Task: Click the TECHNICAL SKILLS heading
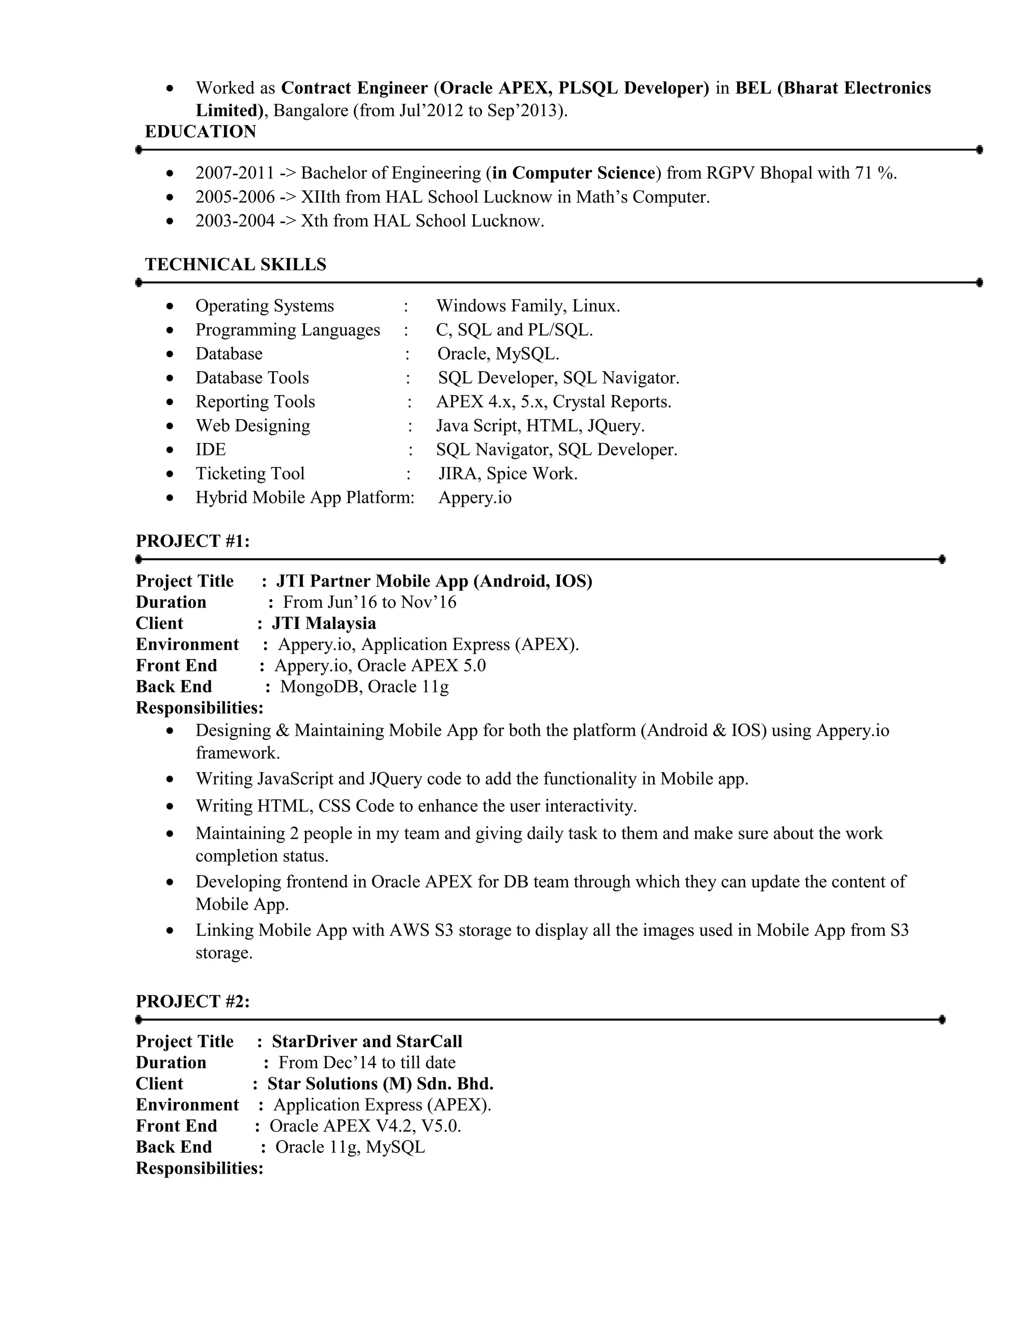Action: pos(236,264)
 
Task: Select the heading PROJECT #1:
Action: pos(193,541)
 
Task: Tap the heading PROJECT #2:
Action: pos(193,1001)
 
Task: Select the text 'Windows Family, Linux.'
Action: pos(528,306)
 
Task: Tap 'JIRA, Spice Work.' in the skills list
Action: pos(508,473)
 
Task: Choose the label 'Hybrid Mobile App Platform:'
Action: pos(304,497)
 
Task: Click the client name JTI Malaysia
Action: pos(324,623)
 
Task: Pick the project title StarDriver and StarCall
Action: pos(367,1041)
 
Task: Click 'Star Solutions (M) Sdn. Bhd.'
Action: pos(380,1084)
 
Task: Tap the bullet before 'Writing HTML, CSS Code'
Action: pos(170,806)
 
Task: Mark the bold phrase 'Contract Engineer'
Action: pos(354,88)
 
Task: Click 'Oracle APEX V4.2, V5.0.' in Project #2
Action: pos(365,1126)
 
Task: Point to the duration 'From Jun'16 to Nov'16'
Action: pos(369,602)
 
